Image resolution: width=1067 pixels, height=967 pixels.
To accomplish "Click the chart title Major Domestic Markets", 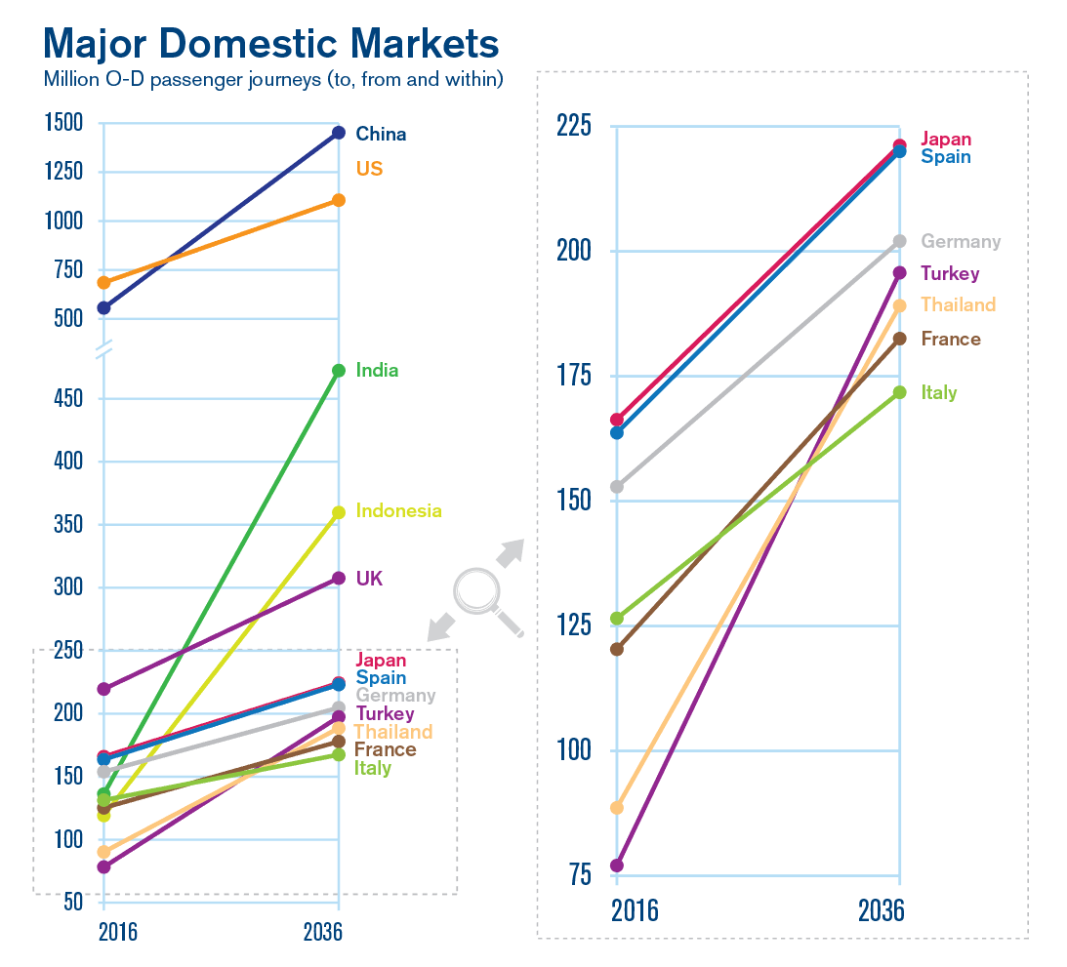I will [x=271, y=44].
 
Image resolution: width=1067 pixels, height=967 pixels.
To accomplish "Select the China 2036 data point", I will [x=338, y=133].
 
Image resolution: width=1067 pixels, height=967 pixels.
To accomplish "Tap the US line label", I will [x=369, y=169].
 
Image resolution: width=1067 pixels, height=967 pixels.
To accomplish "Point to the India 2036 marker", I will [x=338, y=371].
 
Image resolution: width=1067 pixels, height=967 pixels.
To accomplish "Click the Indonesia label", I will [x=398, y=510].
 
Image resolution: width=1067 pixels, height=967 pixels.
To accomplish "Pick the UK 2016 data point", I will [x=103, y=689].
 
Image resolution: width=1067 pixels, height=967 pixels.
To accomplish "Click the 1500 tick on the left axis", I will [x=63, y=123].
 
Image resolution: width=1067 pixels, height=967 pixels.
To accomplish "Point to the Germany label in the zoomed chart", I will [x=961, y=241].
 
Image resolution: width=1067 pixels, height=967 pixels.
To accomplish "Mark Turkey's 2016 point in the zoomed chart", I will [x=616, y=866].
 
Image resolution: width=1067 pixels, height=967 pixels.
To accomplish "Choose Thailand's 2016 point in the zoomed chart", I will [x=616, y=808].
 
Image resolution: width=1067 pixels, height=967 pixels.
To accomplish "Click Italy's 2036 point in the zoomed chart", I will [x=899, y=392].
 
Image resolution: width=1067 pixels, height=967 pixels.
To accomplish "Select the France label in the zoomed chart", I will [x=950, y=339].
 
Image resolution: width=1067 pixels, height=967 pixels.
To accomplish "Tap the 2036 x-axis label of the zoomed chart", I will [x=881, y=911].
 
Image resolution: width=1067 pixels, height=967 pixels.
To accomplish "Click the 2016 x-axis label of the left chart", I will [x=118, y=932].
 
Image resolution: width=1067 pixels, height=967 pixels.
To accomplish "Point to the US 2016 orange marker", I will [x=103, y=283].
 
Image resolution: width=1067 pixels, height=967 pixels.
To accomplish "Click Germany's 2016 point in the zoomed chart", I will [x=616, y=487].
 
